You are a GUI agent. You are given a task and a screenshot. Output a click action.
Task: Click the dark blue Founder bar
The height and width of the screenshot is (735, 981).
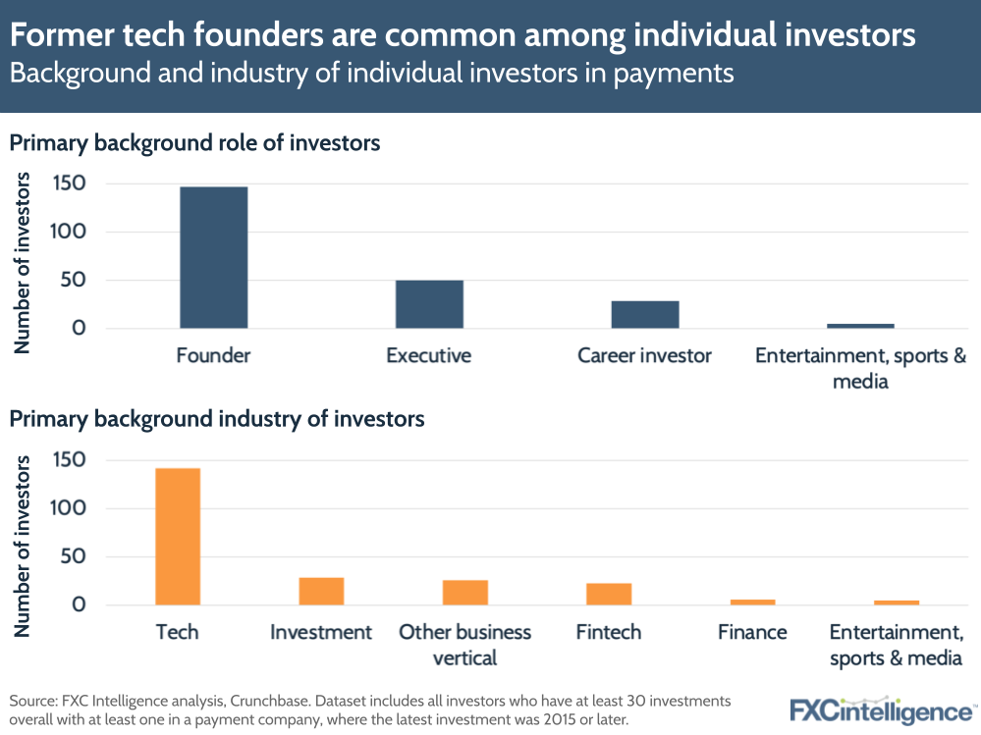(213, 257)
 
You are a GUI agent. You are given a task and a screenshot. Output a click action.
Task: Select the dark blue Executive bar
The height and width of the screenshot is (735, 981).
(429, 304)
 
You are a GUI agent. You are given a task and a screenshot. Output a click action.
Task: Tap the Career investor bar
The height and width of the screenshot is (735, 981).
(645, 315)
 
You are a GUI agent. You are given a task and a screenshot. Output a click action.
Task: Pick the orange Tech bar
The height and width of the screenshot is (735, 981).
(178, 537)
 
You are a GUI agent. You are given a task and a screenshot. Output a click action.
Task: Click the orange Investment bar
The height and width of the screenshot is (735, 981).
(321, 592)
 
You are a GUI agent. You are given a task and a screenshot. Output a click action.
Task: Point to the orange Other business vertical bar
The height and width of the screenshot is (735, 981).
(464, 593)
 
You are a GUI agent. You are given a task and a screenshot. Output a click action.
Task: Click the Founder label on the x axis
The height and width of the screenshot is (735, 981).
(213, 355)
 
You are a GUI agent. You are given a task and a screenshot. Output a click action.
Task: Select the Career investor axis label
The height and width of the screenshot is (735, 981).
(644, 355)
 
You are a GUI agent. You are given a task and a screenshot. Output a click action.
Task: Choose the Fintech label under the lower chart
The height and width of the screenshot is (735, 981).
(609, 632)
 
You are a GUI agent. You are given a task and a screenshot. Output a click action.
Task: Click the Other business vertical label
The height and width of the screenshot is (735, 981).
(464, 645)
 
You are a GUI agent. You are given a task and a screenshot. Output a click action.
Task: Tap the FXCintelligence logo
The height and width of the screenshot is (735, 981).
(881, 709)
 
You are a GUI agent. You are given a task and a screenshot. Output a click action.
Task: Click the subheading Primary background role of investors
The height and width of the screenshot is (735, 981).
(194, 143)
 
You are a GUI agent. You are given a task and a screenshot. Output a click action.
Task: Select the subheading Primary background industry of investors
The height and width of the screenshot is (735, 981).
(217, 420)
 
